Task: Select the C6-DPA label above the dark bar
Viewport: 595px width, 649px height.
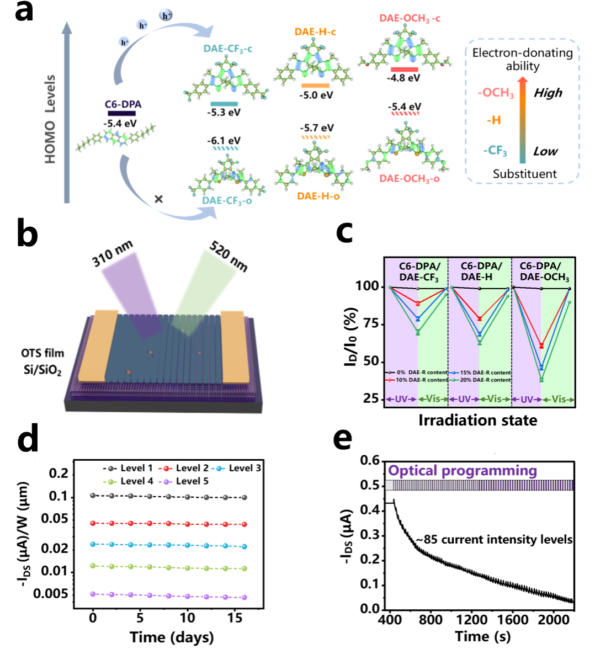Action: pyautogui.click(x=123, y=104)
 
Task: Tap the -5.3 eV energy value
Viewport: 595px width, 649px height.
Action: pyautogui.click(x=224, y=113)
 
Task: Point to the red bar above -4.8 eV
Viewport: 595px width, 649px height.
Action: pyautogui.click(x=404, y=70)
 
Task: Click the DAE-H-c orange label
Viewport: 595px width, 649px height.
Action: pyautogui.click(x=315, y=32)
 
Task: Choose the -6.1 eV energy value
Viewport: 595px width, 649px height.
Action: pyautogui.click(x=224, y=141)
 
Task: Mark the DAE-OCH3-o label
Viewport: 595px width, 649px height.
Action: pyautogui.click(x=410, y=179)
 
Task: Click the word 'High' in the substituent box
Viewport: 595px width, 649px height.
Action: pyautogui.click(x=548, y=93)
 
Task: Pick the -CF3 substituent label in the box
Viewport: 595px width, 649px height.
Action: pyautogui.click(x=495, y=151)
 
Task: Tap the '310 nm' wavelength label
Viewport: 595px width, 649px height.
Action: pyautogui.click(x=113, y=254)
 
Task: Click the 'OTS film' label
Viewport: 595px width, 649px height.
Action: pyautogui.click(x=42, y=353)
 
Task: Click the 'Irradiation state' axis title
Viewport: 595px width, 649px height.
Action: pyautogui.click(x=477, y=421)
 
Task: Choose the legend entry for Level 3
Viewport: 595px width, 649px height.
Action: pyautogui.click(x=238, y=468)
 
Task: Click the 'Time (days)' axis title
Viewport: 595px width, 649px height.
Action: pyautogui.click(x=172, y=637)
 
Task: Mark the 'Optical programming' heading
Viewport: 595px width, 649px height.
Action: pyautogui.click(x=463, y=471)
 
